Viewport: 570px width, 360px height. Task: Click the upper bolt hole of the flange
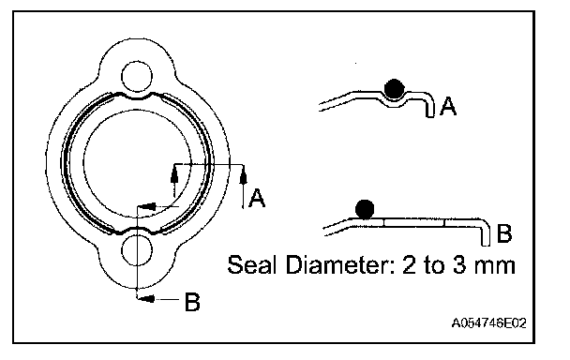tap(136, 77)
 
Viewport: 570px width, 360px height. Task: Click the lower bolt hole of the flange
tap(137, 251)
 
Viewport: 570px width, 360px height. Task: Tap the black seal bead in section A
tap(394, 89)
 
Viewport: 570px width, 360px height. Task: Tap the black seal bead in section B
tap(365, 209)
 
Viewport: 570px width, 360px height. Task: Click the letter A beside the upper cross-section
tap(448, 107)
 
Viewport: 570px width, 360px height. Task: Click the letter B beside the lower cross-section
tap(503, 233)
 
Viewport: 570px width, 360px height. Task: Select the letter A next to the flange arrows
tap(257, 198)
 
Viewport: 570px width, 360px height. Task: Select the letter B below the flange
tap(192, 302)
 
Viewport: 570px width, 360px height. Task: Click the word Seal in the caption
tap(250, 264)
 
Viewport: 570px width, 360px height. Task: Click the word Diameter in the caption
tap(340, 264)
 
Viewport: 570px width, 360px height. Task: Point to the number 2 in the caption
tap(409, 265)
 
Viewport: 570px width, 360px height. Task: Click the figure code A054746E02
tap(488, 322)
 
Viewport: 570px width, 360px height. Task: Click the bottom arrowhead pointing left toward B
tap(147, 299)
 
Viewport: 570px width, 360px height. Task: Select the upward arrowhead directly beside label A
tap(244, 176)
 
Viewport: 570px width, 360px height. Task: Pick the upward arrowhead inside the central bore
tap(174, 176)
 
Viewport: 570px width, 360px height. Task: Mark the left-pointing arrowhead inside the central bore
tap(148, 206)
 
